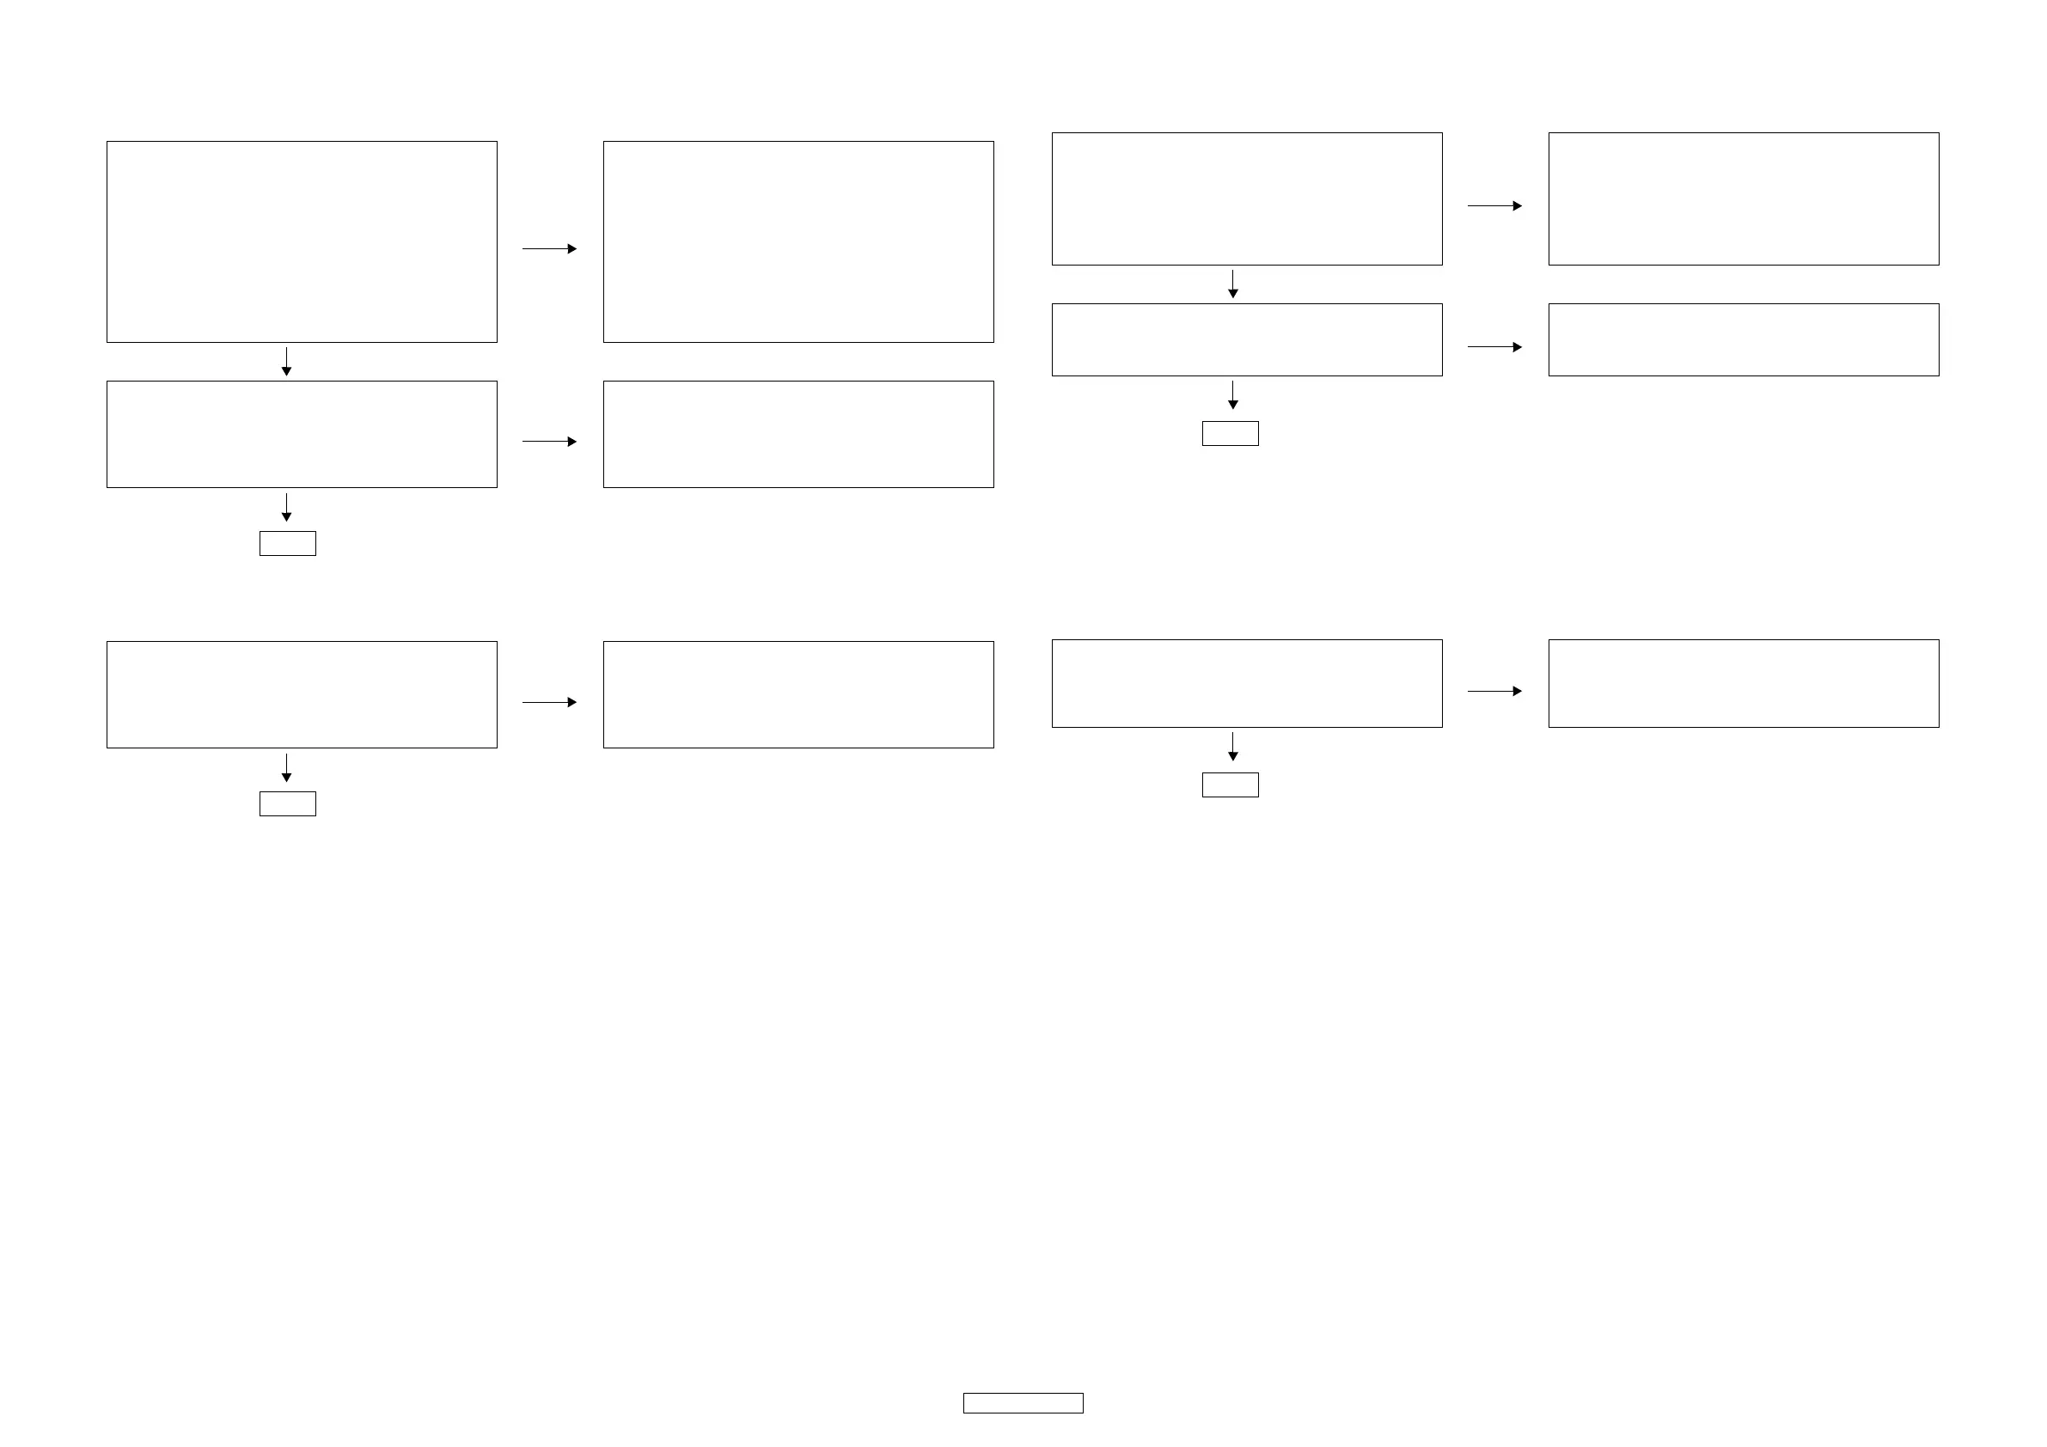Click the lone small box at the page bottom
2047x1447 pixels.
1023,1402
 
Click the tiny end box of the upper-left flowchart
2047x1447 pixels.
287,543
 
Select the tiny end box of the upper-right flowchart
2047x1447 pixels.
1230,433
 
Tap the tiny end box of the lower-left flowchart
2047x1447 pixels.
287,803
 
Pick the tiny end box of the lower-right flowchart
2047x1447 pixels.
1230,785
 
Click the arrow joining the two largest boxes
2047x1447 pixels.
549,248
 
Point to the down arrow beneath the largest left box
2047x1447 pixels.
286,361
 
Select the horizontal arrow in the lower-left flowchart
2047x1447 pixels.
549,703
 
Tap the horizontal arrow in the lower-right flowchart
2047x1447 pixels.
1494,691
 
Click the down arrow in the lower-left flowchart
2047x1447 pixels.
286,767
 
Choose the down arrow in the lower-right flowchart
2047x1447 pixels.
1233,747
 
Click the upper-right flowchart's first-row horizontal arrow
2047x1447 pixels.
1494,206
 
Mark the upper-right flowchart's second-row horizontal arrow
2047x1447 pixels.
1494,347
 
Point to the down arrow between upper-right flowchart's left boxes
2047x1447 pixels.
1233,284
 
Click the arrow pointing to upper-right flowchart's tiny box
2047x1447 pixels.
1233,395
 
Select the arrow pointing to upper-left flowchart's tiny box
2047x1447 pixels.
286,506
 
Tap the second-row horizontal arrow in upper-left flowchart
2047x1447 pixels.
549,442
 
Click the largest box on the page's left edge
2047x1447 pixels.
302,241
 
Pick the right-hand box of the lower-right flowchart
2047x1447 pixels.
1743,683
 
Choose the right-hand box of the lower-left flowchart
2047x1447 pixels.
798,694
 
